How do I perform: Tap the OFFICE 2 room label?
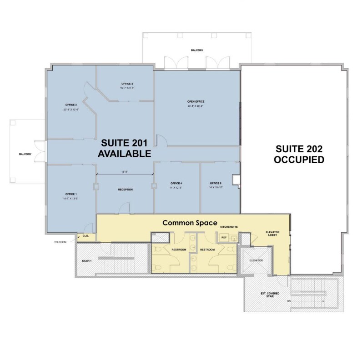point(70,105)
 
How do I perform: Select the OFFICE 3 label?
point(127,84)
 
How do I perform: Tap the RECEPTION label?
point(125,190)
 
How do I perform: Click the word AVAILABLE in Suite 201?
point(124,154)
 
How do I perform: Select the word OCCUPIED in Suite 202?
point(299,160)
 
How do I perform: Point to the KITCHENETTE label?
point(228,226)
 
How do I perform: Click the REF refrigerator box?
point(224,237)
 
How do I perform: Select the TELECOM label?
point(60,242)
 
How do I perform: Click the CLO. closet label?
point(86,236)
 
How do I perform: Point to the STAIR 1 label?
point(86,261)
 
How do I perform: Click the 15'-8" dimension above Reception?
point(124,171)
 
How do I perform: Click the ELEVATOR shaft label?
point(256,260)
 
